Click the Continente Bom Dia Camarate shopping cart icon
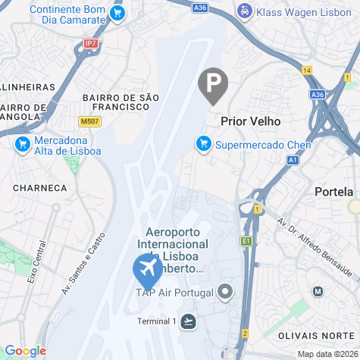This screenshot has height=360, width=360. coord(117,13)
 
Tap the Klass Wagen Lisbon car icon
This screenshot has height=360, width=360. coord(245,11)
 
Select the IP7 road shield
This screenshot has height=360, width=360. coord(91,44)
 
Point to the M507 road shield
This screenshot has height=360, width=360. coord(89,121)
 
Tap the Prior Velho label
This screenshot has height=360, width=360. coord(250,121)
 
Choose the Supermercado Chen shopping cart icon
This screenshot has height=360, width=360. coord(203,142)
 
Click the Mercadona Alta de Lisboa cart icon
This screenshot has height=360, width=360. coord(21,144)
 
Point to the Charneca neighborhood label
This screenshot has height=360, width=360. coord(39,187)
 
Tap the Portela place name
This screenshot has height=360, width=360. coord(333,192)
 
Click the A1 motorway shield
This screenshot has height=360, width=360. coord(293,161)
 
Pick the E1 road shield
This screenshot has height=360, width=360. coord(246,241)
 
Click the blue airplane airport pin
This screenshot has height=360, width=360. coord(147,268)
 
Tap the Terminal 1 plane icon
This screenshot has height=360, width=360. coord(188,321)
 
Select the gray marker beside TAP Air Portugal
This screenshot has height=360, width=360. coord(224,292)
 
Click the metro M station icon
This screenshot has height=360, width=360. coord(318,291)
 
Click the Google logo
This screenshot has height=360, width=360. coord(25,351)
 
